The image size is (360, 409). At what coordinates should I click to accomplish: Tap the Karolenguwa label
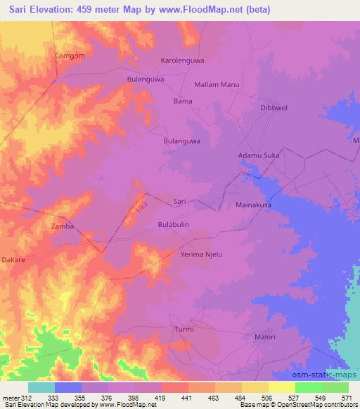[183, 60]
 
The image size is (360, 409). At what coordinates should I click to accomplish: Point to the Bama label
[183, 101]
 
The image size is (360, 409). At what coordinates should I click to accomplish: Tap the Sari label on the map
[179, 201]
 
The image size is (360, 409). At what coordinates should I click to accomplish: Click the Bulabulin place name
[174, 224]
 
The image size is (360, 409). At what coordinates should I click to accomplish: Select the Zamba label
[63, 226]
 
